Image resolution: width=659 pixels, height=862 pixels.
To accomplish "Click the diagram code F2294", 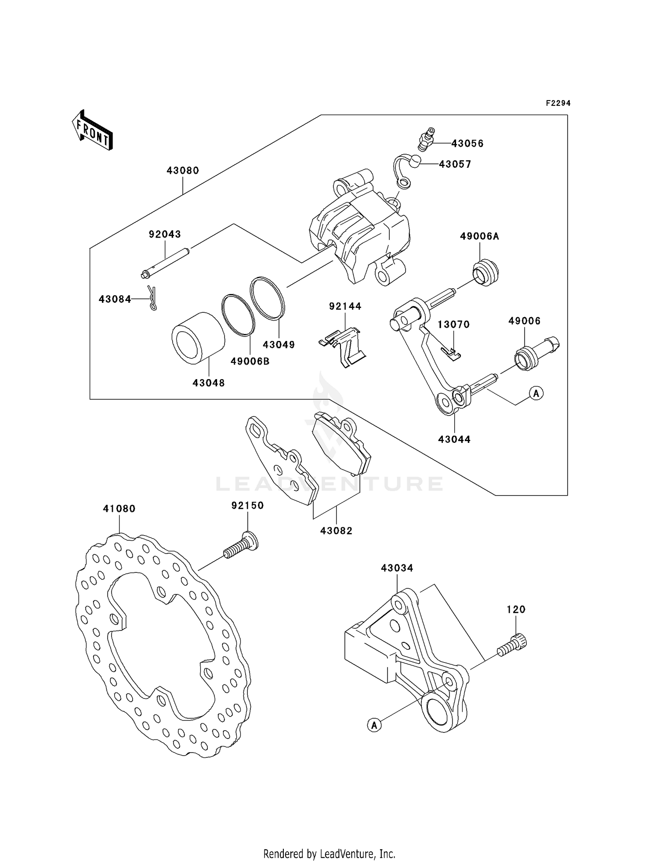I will point(558,103).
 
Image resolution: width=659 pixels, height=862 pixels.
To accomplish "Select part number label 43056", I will point(467,144).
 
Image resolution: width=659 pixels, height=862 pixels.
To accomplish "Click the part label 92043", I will point(165,234).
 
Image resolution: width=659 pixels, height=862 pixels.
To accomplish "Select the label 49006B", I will point(250,361).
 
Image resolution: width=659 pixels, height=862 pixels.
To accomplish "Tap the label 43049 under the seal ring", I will point(279,344).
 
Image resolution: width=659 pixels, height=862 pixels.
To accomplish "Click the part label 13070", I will point(453,324).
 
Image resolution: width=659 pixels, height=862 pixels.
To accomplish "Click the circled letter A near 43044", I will point(536,393).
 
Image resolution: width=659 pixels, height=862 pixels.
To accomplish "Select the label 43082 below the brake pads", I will point(336,531).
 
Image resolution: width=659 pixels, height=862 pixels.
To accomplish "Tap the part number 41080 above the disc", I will point(119,508).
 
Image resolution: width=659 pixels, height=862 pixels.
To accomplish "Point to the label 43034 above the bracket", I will point(397,568).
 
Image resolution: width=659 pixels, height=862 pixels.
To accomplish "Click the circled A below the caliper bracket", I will point(374,725).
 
